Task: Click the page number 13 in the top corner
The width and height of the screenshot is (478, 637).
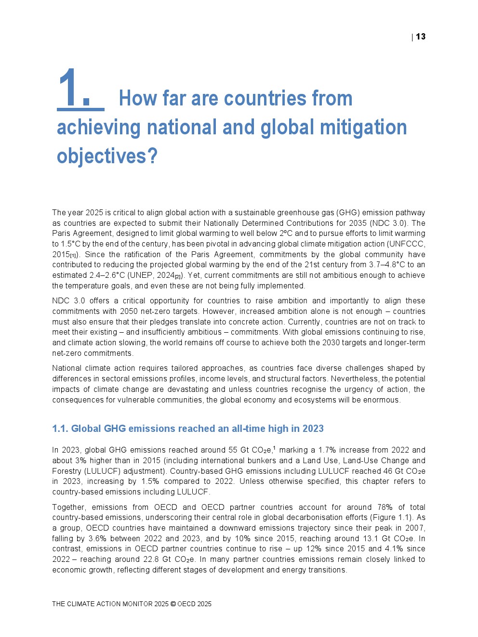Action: [421, 37]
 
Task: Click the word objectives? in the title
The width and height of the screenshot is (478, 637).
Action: [107, 156]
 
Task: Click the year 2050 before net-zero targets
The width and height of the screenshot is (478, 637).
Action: [129, 312]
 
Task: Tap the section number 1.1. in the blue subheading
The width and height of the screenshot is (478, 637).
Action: [60, 429]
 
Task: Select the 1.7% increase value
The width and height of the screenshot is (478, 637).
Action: [329, 450]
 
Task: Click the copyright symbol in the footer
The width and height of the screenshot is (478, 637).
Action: [173, 604]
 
